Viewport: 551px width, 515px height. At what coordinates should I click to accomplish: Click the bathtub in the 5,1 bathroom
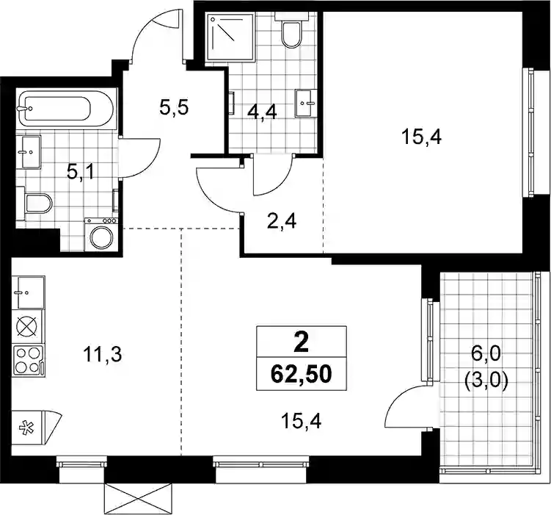(65, 109)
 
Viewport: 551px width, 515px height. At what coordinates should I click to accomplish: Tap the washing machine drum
(102, 238)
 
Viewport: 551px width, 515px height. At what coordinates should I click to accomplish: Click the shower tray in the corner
(230, 37)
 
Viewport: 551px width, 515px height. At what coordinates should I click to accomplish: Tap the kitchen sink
(28, 292)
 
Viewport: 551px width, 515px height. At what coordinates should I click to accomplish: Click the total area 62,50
(302, 374)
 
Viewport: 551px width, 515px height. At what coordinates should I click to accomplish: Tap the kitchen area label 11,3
(102, 354)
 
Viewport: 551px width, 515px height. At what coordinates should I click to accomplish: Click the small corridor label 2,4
(282, 222)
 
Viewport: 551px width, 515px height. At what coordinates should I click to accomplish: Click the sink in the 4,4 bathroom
(306, 103)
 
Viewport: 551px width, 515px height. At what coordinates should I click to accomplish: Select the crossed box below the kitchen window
(138, 498)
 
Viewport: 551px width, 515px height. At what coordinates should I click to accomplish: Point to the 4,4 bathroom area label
(262, 112)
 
